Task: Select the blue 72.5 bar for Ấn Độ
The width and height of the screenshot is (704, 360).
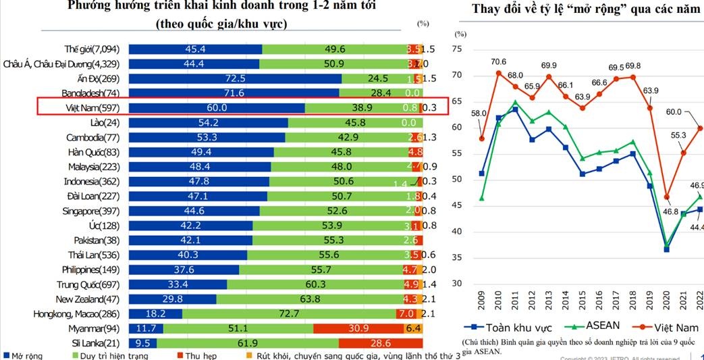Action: coord(235,78)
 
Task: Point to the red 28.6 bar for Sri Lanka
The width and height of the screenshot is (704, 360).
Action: coord(380,343)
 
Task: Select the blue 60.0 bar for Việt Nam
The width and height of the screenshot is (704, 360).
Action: coord(217,107)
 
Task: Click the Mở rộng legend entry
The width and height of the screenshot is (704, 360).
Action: coord(25,355)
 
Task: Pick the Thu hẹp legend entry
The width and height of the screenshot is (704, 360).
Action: coord(202,355)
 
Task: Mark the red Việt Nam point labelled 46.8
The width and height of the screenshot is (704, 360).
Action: coord(666,197)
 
